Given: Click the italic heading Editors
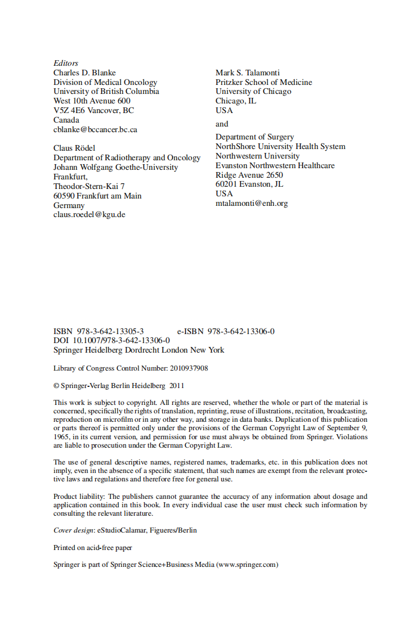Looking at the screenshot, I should (x=66, y=63).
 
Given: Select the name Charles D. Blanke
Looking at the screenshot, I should (x=84, y=73).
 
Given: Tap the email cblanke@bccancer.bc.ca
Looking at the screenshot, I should (x=95, y=129).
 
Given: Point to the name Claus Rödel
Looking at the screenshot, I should (x=74, y=148).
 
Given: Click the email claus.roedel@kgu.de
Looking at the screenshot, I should (x=89, y=215).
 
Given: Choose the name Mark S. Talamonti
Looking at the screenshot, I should (x=247, y=73).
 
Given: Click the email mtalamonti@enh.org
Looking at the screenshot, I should (x=252, y=203).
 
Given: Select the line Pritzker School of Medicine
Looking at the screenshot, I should (x=263, y=82).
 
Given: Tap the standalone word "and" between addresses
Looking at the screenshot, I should (x=222, y=124).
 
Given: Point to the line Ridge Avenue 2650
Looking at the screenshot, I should (x=249, y=175).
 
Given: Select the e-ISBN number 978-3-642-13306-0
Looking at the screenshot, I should (x=241, y=331).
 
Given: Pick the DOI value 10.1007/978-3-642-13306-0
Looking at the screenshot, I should (x=122, y=340).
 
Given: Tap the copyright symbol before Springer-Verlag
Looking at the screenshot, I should (x=56, y=386).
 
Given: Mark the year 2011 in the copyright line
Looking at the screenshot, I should (x=177, y=386).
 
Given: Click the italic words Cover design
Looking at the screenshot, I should (x=74, y=530).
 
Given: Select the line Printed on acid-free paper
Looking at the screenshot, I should (x=93, y=547).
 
